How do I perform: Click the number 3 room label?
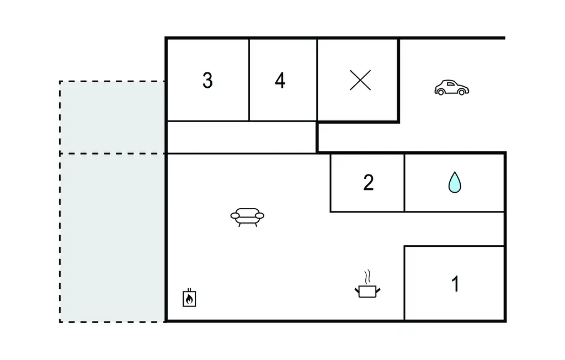pyautogui.click(x=207, y=81)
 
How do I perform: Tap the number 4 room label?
pyautogui.click(x=280, y=81)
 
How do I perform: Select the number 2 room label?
pyautogui.click(x=368, y=182)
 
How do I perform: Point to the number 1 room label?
pyautogui.click(x=455, y=284)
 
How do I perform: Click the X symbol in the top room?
pyautogui.click(x=360, y=81)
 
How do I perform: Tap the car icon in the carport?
pyautogui.click(x=451, y=88)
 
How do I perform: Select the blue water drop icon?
pyautogui.click(x=455, y=182)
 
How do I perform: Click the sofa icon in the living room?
pyautogui.click(x=247, y=216)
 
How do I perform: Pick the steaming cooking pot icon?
pyautogui.click(x=368, y=290)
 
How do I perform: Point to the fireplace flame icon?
pyautogui.click(x=189, y=298)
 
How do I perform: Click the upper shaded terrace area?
pyautogui.click(x=113, y=117)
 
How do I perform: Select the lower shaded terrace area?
pyautogui.click(x=113, y=237)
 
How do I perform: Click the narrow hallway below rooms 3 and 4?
pyautogui.click(x=241, y=137)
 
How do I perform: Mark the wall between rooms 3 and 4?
pyautogui.click(x=249, y=80)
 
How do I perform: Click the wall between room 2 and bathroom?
pyautogui.click(x=404, y=182)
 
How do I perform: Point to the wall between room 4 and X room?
pyautogui.click(x=317, y=80)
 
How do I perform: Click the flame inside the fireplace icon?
pyautogui.click(x=189, y=300)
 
